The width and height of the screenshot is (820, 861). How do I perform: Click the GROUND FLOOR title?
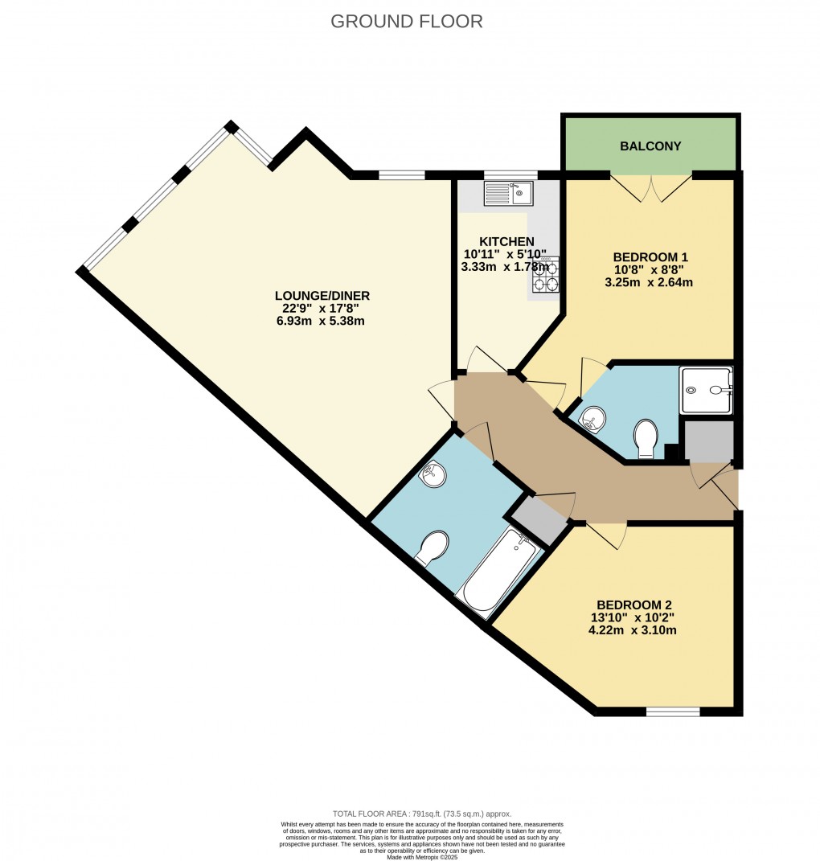[407, 22]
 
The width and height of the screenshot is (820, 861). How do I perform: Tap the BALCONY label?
[650, 146]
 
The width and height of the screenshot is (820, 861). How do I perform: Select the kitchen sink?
[507, 193]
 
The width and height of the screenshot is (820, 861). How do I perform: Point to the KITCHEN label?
[506, 241]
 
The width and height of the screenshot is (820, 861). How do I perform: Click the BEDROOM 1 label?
[650, 257]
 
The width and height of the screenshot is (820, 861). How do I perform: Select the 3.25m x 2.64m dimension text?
[650, 282]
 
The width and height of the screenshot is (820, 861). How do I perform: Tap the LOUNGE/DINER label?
[322, 296]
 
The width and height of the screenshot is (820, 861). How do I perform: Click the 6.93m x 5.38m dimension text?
[322, 321]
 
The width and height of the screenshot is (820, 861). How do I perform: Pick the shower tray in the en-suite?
[707, 390]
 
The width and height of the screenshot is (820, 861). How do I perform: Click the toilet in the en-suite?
[646, 438]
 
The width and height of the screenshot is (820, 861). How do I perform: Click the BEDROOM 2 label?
[633, 605]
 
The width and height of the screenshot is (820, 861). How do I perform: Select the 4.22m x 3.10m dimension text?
[633, 630]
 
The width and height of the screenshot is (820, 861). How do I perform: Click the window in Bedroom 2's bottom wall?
[673, 711]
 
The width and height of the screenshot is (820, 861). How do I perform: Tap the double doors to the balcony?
[651, 188]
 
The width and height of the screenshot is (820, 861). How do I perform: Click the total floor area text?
[422, 814]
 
